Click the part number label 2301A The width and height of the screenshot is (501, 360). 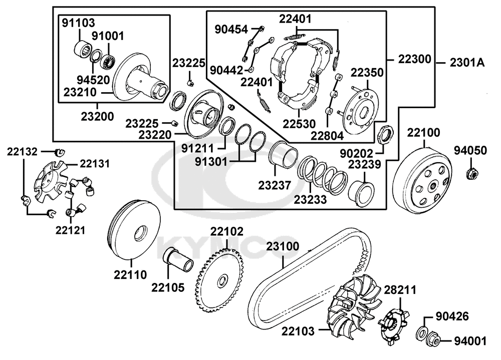point(467,62)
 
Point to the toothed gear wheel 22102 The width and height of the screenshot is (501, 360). point(220,281)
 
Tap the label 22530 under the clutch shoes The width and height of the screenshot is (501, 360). point(299,124)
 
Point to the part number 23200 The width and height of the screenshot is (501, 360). point(97,116)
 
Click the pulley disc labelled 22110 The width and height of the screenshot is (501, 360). point(134,230)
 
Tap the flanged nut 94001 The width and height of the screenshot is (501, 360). point(433,338)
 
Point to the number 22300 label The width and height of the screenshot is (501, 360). point(414,59)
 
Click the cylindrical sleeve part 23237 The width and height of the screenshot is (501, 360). point(284,155)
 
